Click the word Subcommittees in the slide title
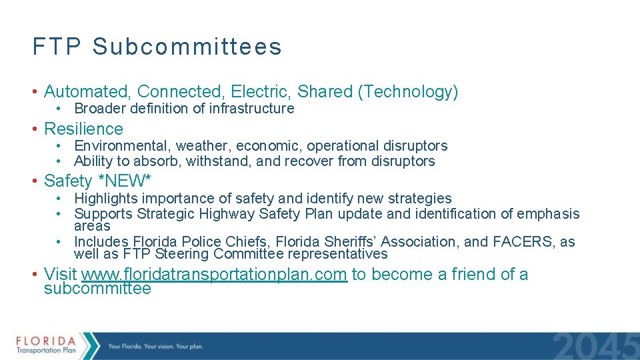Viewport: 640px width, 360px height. point(187,47)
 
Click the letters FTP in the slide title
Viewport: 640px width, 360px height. point(57,47)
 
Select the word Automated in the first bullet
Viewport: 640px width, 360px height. point(88,92)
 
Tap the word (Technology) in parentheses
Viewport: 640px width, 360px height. point(408,92)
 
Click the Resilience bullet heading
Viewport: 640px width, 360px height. point(83,129)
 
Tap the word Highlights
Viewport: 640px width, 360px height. point(103,199)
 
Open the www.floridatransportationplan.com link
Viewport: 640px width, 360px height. point(214,274)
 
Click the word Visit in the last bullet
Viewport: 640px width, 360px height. point(60,274)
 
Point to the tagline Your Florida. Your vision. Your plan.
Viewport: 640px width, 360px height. point(155,346)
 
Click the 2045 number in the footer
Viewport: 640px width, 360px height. point(595,347)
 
